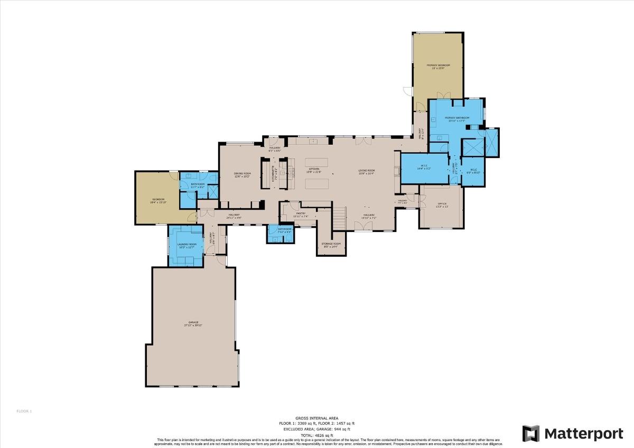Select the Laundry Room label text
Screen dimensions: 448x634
pos(188,245)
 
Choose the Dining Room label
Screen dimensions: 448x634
pos(243,174)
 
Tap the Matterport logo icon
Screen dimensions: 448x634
pos(530,433)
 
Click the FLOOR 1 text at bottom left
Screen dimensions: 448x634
pos(24,411)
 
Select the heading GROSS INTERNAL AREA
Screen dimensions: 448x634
pos(317,418)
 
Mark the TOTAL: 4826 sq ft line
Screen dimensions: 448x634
pos(317,435)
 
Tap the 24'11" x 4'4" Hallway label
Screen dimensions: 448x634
pos(234,216)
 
